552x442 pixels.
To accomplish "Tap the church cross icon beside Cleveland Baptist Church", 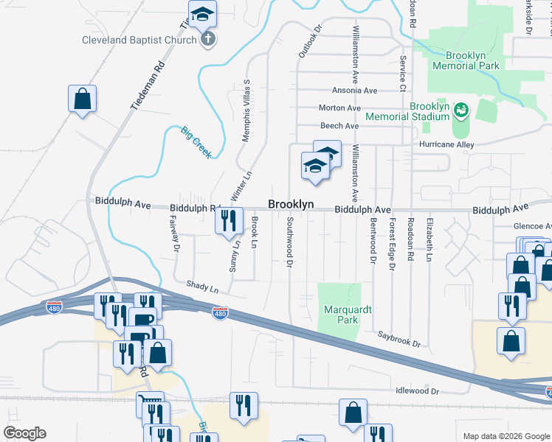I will click(208, 39).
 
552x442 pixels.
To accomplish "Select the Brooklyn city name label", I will click(291, 204).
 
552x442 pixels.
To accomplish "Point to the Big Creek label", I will click(196, 142).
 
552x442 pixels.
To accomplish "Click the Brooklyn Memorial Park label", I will click(472, 60).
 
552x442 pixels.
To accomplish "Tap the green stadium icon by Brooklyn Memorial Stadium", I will click(462, 110).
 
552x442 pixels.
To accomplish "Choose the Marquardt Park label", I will click(341, 315).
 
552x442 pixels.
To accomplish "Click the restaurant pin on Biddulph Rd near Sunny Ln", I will click(229, 219).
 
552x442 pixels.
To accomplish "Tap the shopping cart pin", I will click(151, 404).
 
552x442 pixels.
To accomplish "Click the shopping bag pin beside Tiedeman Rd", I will click(83, 98).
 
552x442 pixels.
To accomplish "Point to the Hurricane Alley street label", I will click(446, 145).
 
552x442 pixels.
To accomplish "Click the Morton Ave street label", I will click(339, 108).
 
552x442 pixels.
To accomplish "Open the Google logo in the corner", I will click(24, 433).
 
